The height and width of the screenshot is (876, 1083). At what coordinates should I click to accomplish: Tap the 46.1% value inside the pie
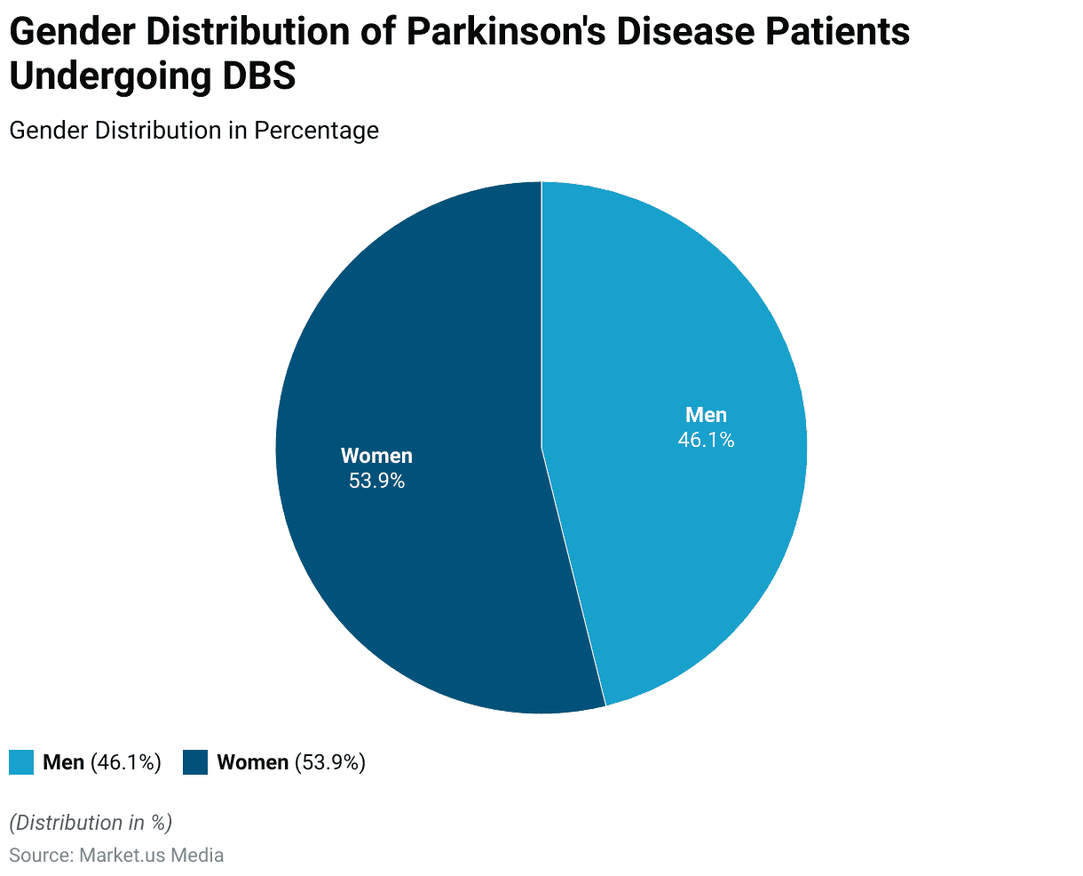tap(706, 440)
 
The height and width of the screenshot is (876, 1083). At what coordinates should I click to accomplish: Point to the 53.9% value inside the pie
tap(376, 481)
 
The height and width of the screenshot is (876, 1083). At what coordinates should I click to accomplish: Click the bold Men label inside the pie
tap(706, 415)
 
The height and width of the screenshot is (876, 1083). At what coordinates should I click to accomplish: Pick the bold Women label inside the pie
tap(376, 456)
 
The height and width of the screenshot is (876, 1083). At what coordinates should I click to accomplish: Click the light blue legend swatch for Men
tap(21, 762)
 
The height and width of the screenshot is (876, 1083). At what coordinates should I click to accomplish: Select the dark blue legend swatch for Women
tap(195, 762)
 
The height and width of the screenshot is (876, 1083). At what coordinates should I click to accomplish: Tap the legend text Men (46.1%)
tap(102, 762)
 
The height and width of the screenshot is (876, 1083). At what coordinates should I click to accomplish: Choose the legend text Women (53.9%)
tap(291, 762)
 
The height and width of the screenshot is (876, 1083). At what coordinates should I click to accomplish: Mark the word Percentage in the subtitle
tap(316, 131)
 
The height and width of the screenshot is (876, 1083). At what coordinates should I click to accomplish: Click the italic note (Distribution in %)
tap(91, 823)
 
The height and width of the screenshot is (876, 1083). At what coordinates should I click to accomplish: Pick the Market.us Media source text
tap(151, 856)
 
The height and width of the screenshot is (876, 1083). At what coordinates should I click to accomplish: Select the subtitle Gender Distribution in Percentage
tap(194, 131)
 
